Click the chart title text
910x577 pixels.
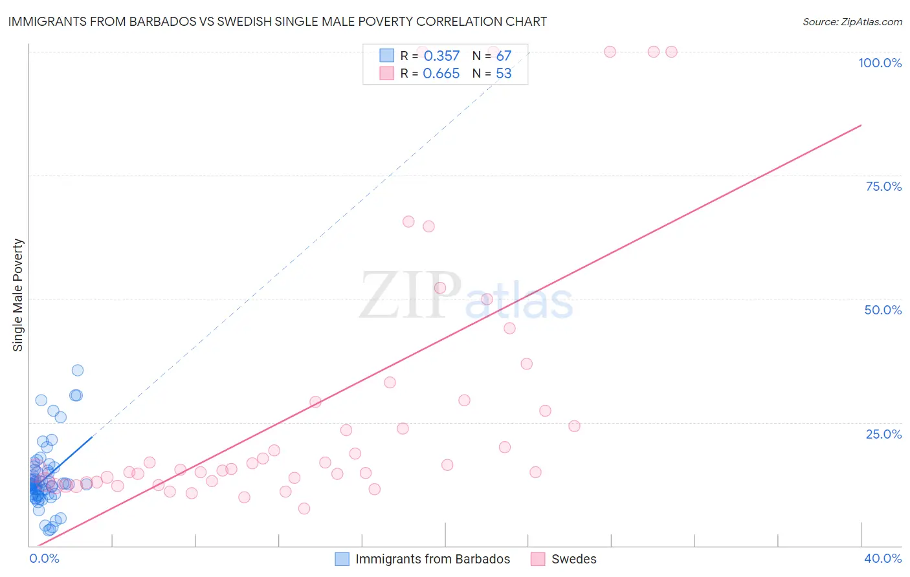pos(277,21)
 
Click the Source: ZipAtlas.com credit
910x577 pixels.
pos(852,21)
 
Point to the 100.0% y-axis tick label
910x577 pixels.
pos(880,63)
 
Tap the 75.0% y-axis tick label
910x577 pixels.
pos(883,186)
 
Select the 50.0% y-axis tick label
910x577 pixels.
pos(883,310)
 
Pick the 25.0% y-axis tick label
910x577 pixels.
pos(883,434)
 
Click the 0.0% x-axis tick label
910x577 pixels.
pos(44,558)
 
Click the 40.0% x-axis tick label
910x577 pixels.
pos(882,558)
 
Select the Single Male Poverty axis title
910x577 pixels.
pos(18,295)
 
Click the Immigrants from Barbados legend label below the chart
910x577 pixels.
pos(432,559)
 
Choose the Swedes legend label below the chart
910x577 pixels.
pos(573,559)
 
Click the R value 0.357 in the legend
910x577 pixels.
pos(441,56)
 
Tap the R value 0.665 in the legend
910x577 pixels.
pos(441,74)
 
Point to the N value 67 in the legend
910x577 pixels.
pos(504,56)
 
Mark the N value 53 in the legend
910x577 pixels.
pos(504,74)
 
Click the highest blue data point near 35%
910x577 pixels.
pos(78,370)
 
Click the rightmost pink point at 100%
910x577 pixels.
pos(671,52)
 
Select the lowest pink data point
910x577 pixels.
pos(304,508)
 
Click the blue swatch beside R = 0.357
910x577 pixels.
pos(386,56)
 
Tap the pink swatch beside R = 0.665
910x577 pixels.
pos(386,73)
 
